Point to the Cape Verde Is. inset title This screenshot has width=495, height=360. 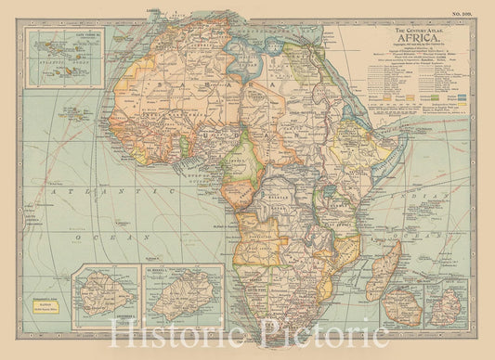coord(55,39)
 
